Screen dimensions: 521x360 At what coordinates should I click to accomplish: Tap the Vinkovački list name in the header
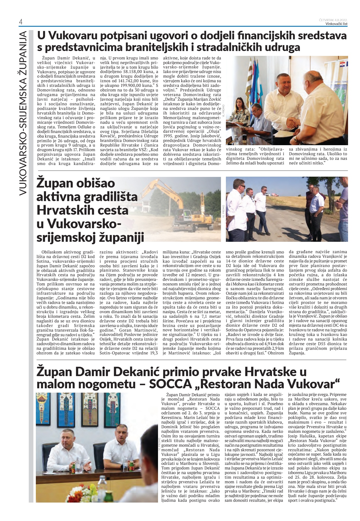(x=336, y=24)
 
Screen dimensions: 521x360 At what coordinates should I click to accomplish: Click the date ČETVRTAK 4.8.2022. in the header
(x=333, y=20)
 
